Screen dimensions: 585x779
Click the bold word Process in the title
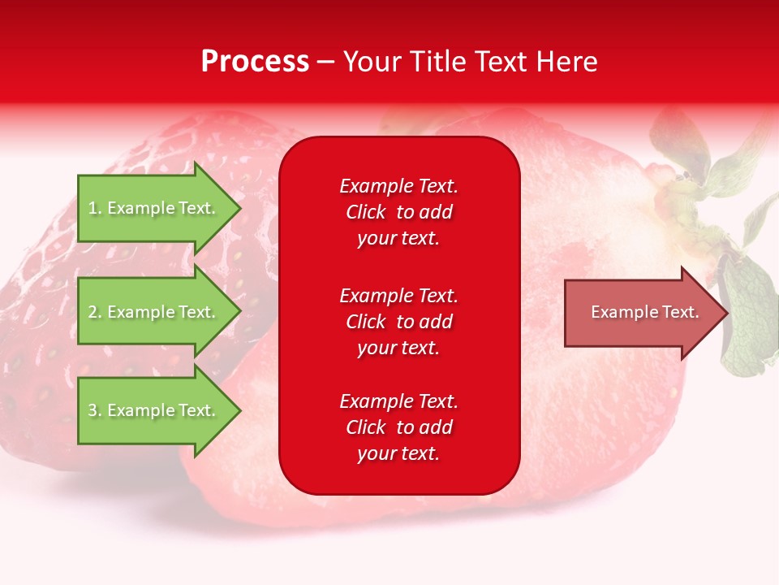click(255, 62)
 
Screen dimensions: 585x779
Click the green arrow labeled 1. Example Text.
click(154, 208)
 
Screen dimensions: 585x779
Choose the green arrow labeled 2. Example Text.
click(154, 312)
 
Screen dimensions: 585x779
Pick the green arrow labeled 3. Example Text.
click(154, 410)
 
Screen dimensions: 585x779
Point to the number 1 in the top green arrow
click(93, 208)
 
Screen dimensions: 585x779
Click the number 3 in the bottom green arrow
click(93, 410)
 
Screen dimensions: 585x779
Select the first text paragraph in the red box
click(398, 212)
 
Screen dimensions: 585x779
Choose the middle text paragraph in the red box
click(398, 322)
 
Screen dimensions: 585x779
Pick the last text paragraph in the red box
click(398, 427)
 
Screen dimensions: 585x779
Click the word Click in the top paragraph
click(366, 212)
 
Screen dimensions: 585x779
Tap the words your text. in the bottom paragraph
click(398, 453)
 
